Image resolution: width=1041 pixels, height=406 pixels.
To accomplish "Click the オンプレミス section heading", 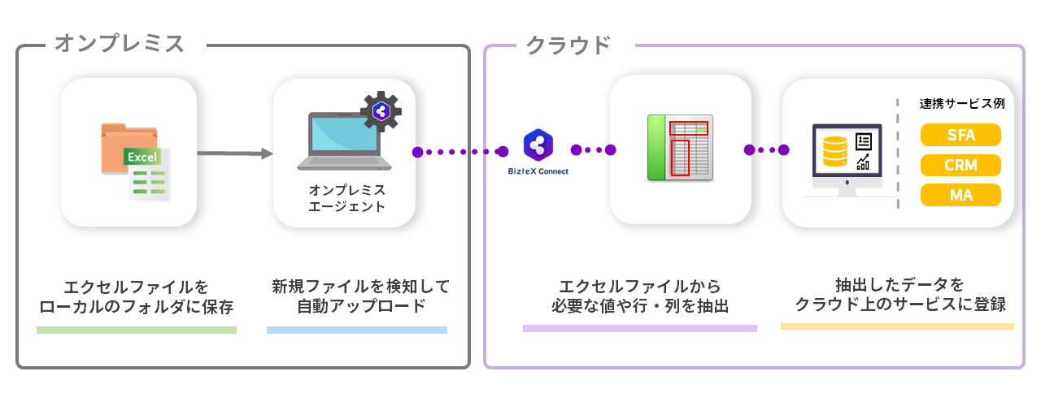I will (x=120, y=44).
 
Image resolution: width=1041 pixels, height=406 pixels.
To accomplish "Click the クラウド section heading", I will (x=568, y=45).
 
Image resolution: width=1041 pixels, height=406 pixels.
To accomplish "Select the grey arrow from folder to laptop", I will (x=234, y=153).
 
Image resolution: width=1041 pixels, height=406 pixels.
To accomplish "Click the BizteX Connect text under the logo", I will (x=538, y=172).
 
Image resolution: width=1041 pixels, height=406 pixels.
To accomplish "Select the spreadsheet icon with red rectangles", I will (x=680, y=148).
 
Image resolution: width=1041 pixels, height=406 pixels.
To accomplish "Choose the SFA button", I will (x=960, y=135).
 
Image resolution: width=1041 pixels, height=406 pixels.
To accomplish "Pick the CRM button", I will (x=960, y=166).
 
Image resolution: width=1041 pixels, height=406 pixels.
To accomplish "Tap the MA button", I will (x=960, y=196).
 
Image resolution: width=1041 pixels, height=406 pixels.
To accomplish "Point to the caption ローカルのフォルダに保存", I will (x=137, y=307).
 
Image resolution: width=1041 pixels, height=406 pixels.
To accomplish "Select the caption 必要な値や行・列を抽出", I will (x=639, y=307).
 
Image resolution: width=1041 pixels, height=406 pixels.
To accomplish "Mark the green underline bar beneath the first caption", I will (x=137, y=330).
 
